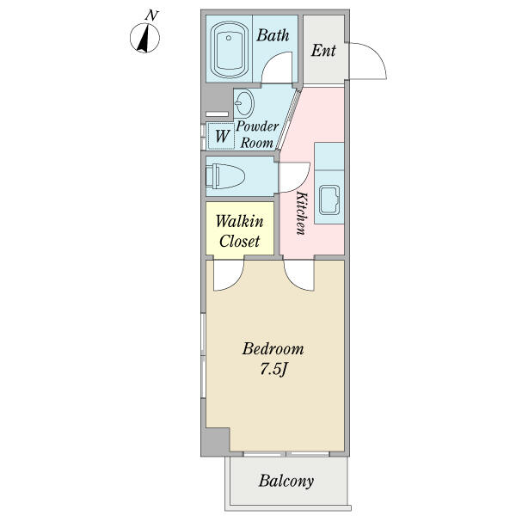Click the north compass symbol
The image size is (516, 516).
144,38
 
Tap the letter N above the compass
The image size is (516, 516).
151,15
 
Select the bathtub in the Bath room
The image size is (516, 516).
229,50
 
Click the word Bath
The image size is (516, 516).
273,35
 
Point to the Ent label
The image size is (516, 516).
323,51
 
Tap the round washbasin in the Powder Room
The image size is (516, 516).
244,103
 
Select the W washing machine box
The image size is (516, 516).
222,136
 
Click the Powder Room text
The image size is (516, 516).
257,134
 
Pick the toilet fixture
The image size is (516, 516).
225,176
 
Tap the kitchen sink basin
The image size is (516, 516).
329,200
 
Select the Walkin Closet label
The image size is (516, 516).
240,231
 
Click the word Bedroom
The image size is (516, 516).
273,349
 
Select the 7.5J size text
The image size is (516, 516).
273,369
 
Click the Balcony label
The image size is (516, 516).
286,481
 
